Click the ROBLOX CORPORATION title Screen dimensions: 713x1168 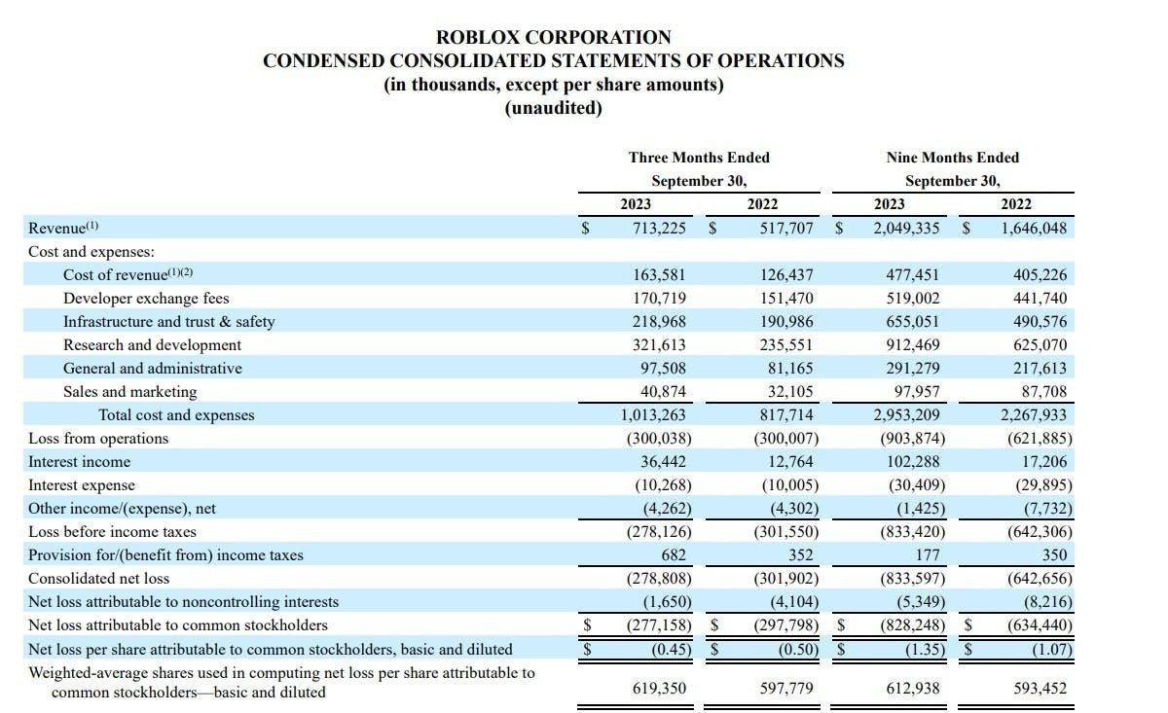(553, 37)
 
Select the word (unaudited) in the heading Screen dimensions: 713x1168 (553, 107)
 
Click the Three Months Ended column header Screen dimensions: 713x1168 (699, 158)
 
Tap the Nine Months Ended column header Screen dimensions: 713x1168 (953, 158)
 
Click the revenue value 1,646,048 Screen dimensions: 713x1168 (1034, 229)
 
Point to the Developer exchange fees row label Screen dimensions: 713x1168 (146, 299)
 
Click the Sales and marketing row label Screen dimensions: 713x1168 (129, 392)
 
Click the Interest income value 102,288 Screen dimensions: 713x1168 (915, 462)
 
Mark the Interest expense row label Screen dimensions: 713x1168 (82, 485)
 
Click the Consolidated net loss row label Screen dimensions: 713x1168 (98, 579)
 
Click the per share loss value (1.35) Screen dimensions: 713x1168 (920, 649)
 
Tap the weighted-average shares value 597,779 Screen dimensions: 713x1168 (786, 689)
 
